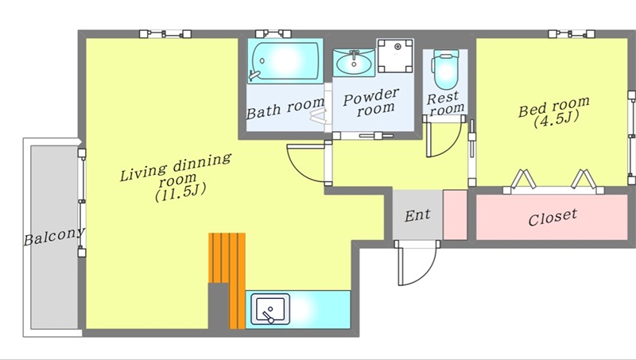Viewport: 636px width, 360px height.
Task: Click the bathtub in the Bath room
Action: [x=285, y=61]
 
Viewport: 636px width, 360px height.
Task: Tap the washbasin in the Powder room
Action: [x=354, y=63]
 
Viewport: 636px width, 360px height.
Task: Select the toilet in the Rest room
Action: [x=445, y=69]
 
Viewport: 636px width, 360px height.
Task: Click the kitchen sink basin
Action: [x=270, y=309]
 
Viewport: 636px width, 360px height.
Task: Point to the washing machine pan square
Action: [x=395, y=56]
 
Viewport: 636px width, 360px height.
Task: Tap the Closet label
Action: [x=552, y=217]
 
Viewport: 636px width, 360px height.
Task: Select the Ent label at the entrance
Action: [x=417, y=215]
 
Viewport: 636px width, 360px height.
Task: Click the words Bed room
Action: [x=553, y=106]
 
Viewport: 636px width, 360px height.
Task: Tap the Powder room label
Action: [x=371, y=103]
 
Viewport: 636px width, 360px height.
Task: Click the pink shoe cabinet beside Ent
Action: [x=455, y=215]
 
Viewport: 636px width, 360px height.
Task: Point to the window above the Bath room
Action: [x=273, y=33]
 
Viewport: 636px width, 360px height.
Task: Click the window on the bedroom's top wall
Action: [x=572, y=33]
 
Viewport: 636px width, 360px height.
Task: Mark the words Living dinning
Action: [x=176, y=167]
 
